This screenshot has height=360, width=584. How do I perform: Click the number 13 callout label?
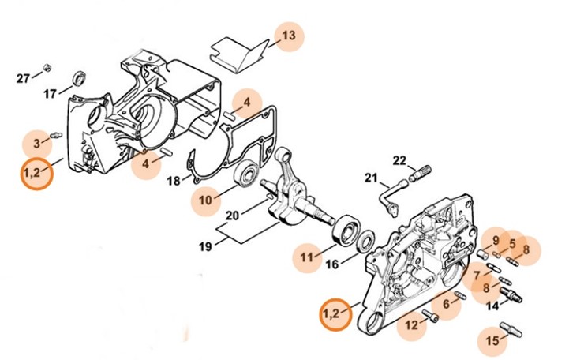coord(289,36)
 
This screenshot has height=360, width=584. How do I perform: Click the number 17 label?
coord(50,93)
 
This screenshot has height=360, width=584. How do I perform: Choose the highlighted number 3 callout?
coord(37,142)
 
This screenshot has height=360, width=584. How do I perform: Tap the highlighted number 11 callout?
coord(306,257)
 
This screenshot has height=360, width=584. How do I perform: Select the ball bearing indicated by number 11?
coord(345,230)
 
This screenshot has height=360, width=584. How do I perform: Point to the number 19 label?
coord(204,246)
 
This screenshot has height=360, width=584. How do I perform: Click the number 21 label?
coord(372,178)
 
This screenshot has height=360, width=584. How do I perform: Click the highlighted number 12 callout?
coord(411,324)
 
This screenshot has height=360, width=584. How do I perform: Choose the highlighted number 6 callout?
coord(447,304)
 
